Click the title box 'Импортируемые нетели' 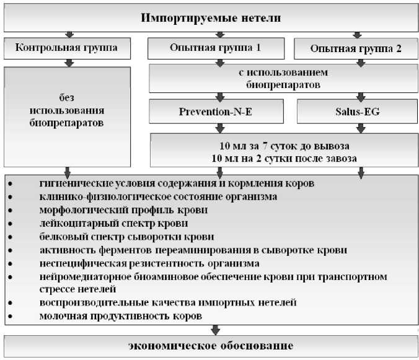point(211,17)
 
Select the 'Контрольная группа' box point(66,47)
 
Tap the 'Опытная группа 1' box point(215,47)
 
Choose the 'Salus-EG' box point(356,111)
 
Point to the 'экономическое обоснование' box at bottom point(211,345)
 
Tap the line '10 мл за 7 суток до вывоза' point(286,146)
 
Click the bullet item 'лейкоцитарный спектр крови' point(113,223)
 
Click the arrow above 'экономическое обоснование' point(215,329)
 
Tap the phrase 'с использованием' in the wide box point(283,72)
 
